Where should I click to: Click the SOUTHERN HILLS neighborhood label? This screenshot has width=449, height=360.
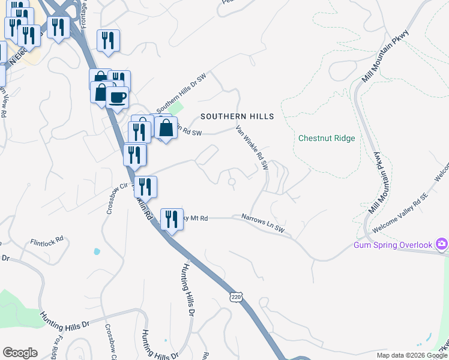(237, 116)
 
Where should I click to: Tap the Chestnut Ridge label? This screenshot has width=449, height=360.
(327, 138)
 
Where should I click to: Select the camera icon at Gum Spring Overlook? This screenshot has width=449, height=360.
(442, 244)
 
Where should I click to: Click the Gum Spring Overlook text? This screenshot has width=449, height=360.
(393, 245)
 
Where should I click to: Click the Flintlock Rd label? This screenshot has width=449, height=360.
(47, 241)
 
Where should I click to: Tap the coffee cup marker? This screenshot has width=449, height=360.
(117, 97)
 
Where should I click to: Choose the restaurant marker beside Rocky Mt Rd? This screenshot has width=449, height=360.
(172, 219)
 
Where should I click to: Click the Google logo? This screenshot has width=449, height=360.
(20, 353)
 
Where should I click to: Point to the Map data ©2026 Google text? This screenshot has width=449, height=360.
(412, 355)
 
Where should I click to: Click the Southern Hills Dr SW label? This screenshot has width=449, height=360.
(181, 98)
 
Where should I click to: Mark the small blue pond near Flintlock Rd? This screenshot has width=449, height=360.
(97, 251)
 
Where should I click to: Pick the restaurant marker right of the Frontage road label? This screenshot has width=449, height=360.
(108, 41)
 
